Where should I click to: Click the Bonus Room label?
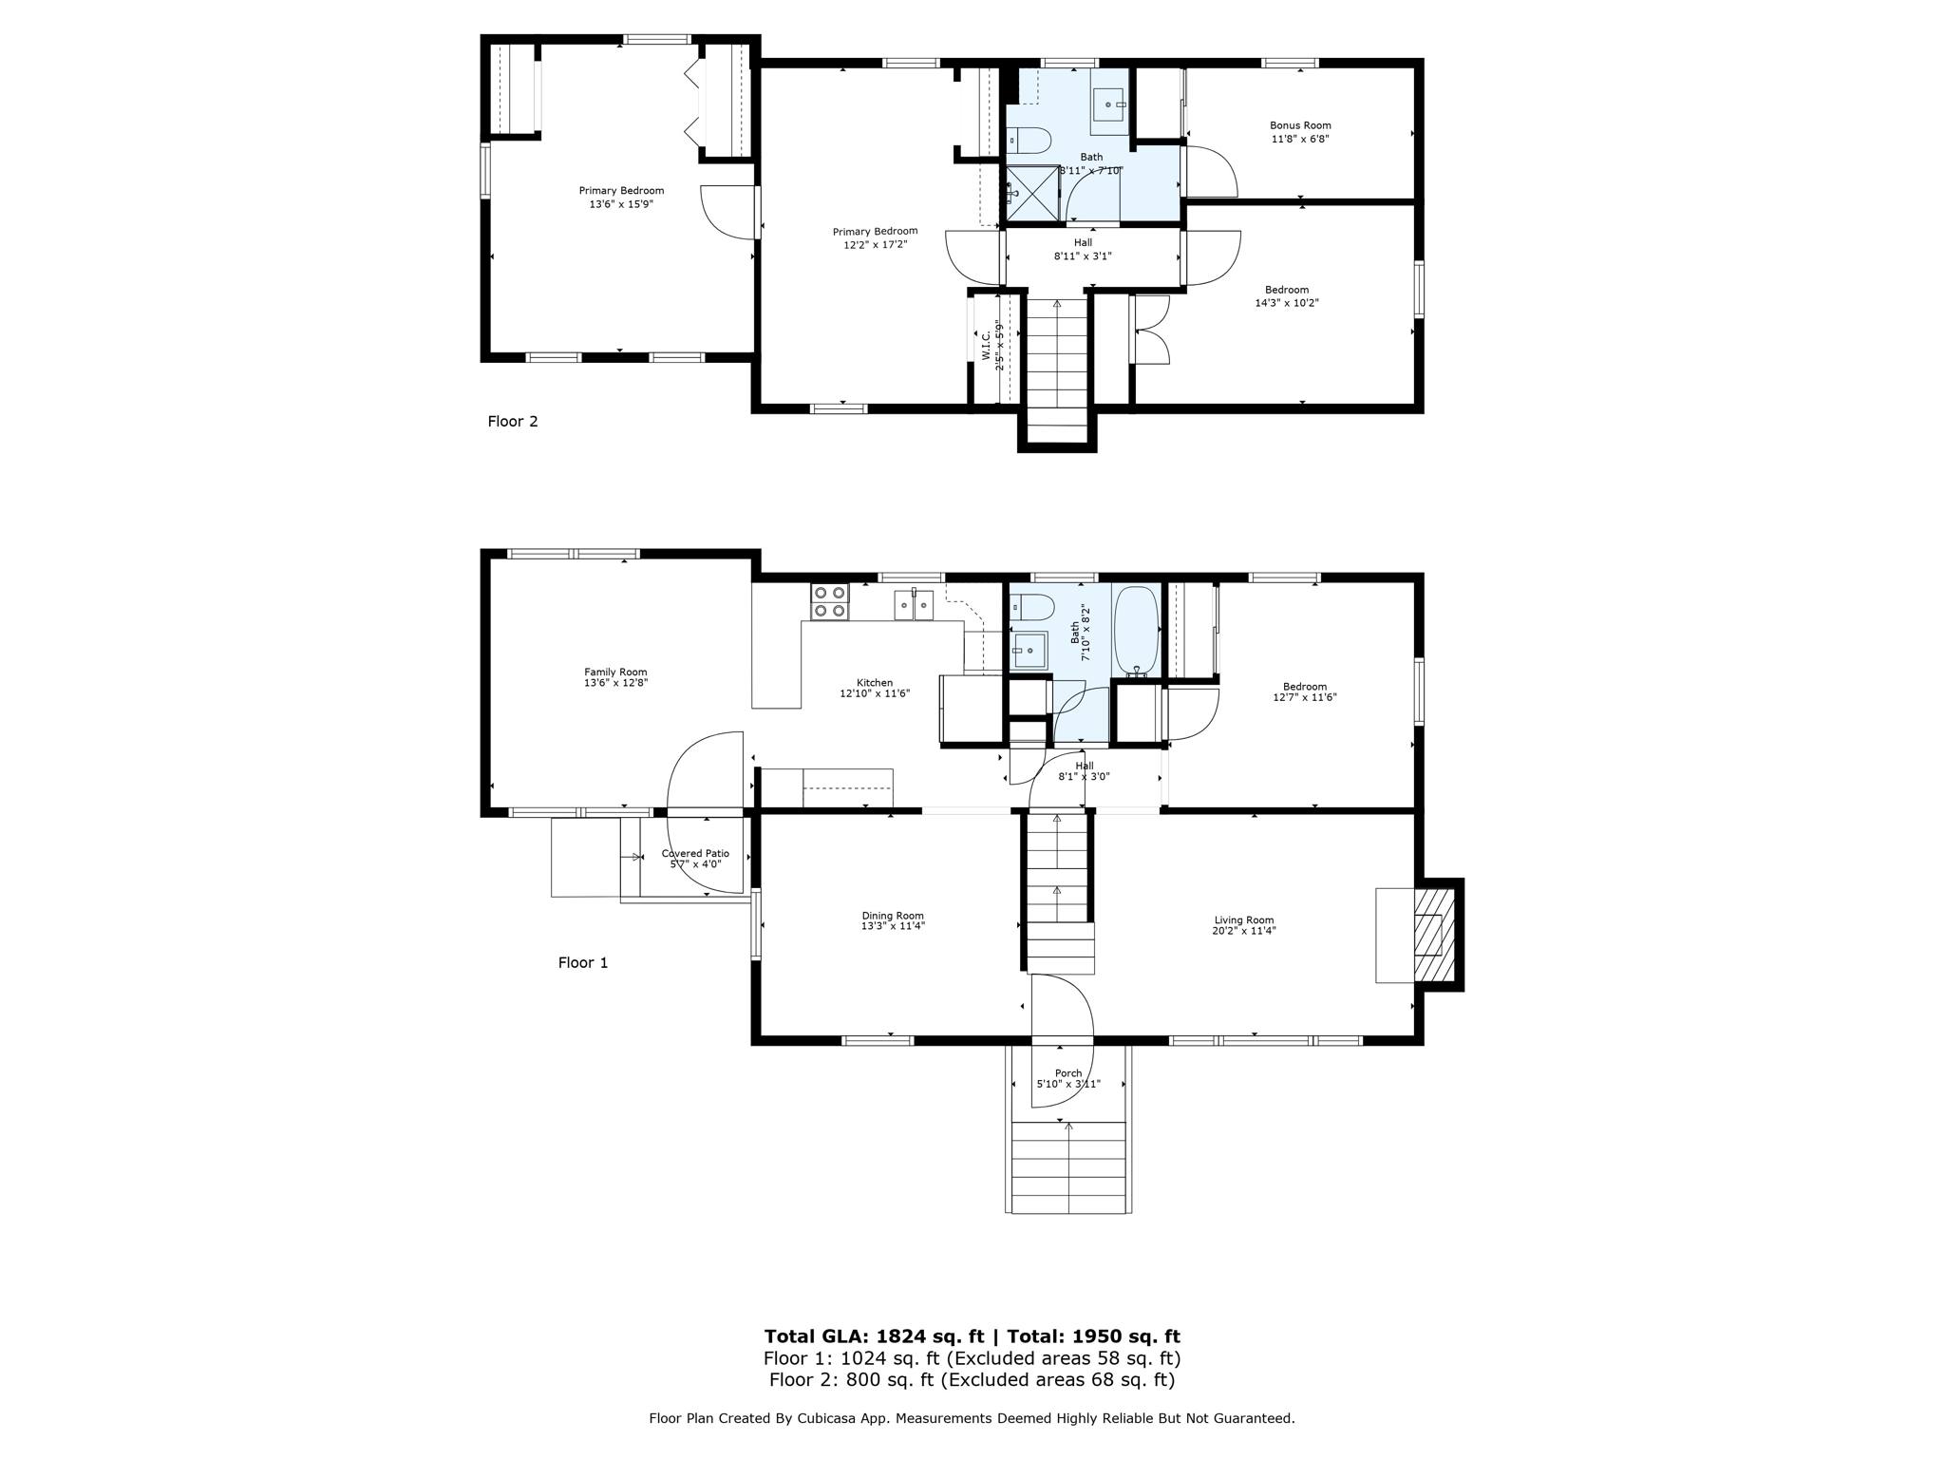click(x=1300, y=125)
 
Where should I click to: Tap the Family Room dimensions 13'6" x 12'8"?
click(x=615, y=683)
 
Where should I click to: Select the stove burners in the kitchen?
click(x=829, y=601)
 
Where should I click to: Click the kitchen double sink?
click(x=914, y=605)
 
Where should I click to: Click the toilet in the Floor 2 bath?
click(x=1029, y=142)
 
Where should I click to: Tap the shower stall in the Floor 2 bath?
click(x=1032, y=194)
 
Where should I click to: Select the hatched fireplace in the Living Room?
click(x=1434, y=935)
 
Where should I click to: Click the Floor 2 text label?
click(x=513, y=422)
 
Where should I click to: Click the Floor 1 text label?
click(x=582, y=963)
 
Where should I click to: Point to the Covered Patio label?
click(x=695, y=854)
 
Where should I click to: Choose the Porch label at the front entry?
click(x=1068, y=1073)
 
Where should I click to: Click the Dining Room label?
click(x=893, y=916)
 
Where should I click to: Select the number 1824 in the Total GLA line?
click(x=902, y=1336)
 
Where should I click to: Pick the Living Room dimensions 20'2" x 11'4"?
click(x=1243, y=931)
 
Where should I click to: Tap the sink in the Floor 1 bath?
click(x=1027, y=651)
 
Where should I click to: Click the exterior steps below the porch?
click(x=1068, y=1167)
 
